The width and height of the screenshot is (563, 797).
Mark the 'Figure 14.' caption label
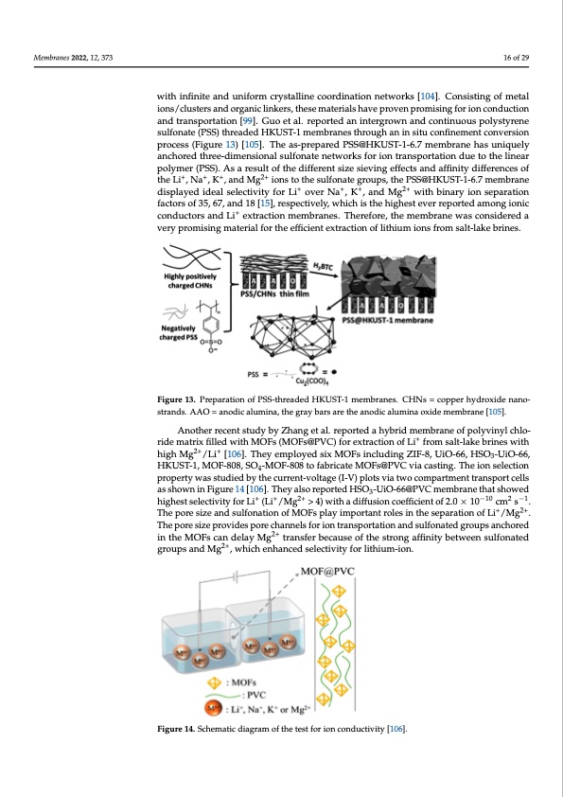(x=183, y=726)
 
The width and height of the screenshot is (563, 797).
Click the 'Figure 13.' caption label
(x=183, y=402)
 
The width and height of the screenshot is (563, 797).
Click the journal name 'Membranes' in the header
(x=50, y=59)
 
